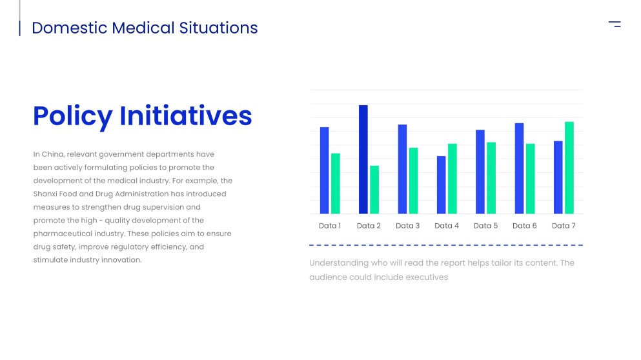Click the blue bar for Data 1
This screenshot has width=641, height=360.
pyautogui.click(x=324, y=170)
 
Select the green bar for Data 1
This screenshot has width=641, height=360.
pyautogui.click(x=336, y=183)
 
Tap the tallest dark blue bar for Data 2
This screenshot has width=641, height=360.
pyautogui.click(x=363, y=159)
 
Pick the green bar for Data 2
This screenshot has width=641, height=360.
pyautogui.click(x=374, y=190)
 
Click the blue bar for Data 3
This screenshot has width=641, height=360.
pyautogui.click(x=402, y=169)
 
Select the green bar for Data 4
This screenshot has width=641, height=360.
pyautogui.click(x=453, y=179)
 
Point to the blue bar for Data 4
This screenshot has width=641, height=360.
pyautogui.click(x=442, y=185)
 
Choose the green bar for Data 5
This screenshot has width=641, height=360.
pyautogui.click(x=491, y=178)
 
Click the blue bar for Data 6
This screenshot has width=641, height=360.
pyautogui.click(x=519, y=168)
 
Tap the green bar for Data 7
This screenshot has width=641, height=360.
pyautogui.click(x=569, y=168)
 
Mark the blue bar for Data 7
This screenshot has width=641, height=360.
pyautogui.click(x=558, y=177)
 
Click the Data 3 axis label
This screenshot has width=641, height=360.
pyautogui.click(x=408, y=226)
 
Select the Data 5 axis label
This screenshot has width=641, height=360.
pyautogui.click(x=485, y=226)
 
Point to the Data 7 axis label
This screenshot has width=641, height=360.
pyautogui.click(x=564, y=226)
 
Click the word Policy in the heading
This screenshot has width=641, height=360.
pyautogui.click(x=72, y=116)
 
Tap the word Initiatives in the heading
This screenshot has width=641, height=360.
pyautogui.click(x=186, y=116)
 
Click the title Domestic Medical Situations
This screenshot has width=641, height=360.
pyautogui.click(x=145, y=28)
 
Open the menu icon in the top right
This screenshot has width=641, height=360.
pyautogui.click(x=615, y=25)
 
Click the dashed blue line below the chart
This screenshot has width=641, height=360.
pyautogui.click(x=445, y=245)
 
